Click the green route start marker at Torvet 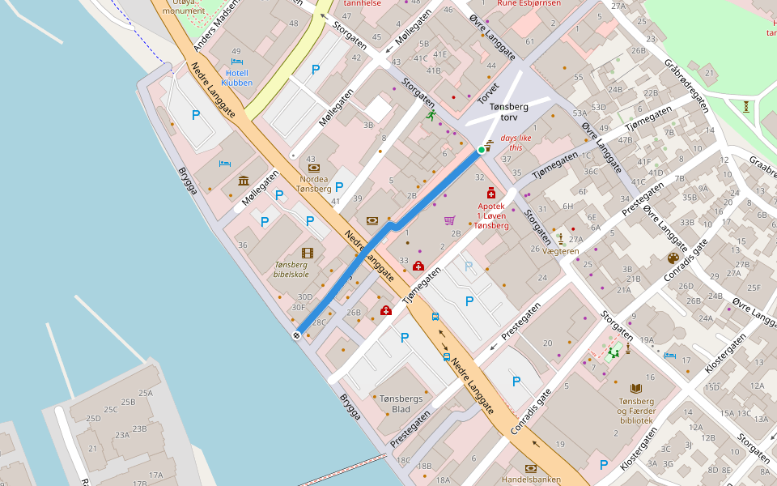482,150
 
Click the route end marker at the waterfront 297,334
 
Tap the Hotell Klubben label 236,78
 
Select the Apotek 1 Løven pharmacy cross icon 491,194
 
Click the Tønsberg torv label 509,112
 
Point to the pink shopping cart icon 450,220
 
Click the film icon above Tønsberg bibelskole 307,254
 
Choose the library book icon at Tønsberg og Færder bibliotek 635,389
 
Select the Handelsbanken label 531,479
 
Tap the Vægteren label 561,251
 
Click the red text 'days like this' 516,143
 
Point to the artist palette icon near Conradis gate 673,258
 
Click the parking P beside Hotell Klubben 316,70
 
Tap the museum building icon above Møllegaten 243,180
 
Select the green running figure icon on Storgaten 431,116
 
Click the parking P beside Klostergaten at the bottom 603,464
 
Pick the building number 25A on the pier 146,394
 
